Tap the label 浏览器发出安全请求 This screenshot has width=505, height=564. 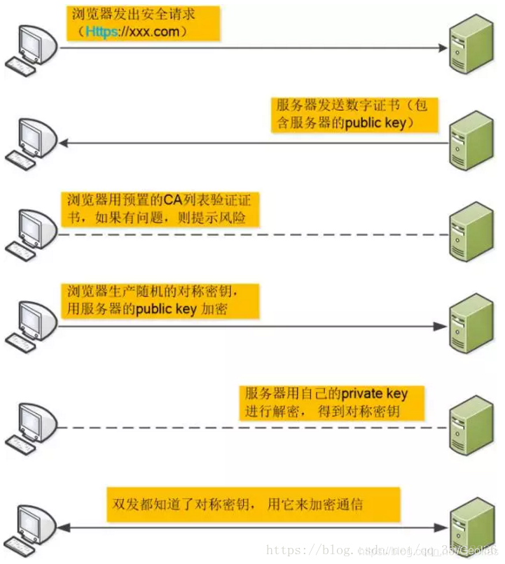click(x=144, y=23)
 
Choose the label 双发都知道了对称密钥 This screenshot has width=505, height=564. click(x=253, y=504)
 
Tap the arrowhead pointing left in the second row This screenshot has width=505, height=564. click(x=63, y=143)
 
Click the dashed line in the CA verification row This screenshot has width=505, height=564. click(x=280, y=234)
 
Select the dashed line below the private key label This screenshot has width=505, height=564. click(x=280, y=428)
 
